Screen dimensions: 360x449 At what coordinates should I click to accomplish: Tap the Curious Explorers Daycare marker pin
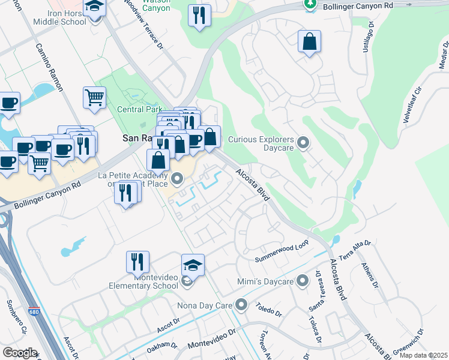coord(303,143)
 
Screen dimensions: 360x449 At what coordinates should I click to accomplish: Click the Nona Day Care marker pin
coord(241,305)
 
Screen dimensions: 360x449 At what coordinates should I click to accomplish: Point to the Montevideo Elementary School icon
coord(193,265)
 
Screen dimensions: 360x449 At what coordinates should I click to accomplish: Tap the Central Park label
coord(139,110)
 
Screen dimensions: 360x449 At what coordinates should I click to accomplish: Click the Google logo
coord(20,353)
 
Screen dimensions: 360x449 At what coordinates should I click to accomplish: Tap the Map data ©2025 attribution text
coord(424,355)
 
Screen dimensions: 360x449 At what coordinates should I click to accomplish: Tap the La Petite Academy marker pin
coord(177,178)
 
